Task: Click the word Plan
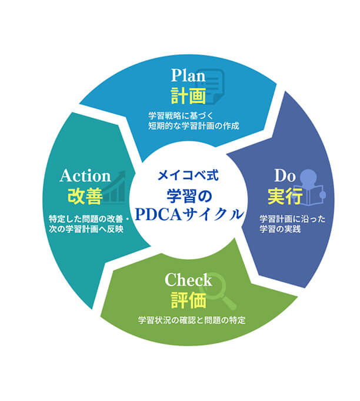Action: [x=188, y=75]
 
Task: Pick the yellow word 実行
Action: [x=284, y=194]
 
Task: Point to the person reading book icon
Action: [x=310, y=185]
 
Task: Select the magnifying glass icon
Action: [x=217, y=287]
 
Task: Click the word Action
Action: [x=85, y=175]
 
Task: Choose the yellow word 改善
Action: [x=85, y=195]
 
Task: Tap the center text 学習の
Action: [x=189, y=194]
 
